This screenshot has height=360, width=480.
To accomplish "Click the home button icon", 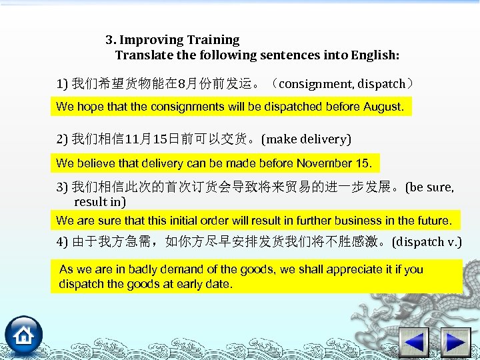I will (x=24, y=336).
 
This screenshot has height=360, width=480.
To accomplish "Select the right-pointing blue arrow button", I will (x=457, y=343).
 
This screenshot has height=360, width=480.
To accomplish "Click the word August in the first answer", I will (x=382, y=107).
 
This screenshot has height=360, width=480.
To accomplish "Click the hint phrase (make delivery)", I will (x=306, y=139).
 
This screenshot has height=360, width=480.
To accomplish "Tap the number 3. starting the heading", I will (x=111, y=40).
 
